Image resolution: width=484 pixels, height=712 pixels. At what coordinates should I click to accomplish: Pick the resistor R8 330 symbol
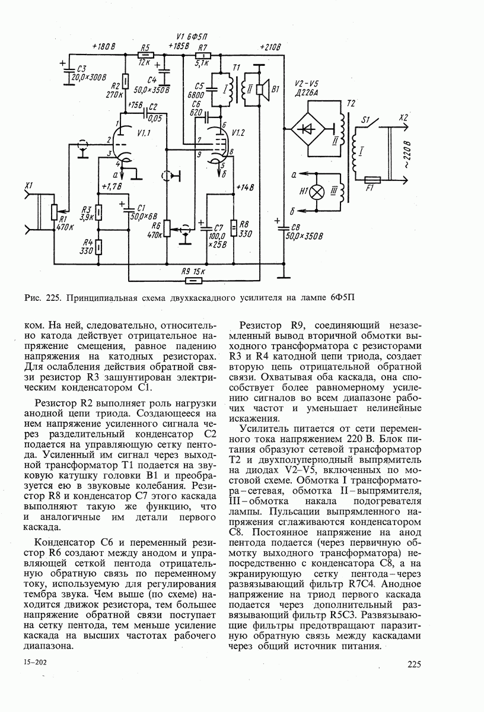[x=234, y=227]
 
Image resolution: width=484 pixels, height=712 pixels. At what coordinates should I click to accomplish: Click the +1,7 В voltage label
[x=112, y=187]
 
